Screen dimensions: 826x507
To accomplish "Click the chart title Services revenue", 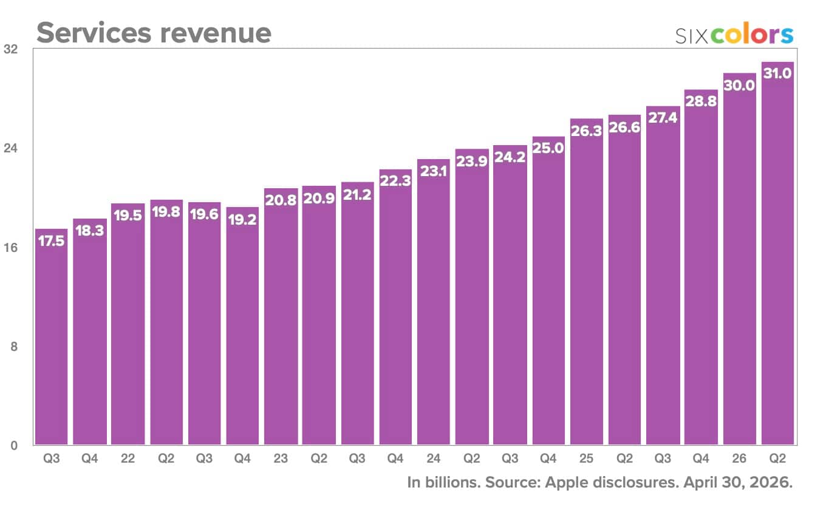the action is tap(154, 33).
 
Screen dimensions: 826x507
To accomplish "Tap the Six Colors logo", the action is tap(734, 34).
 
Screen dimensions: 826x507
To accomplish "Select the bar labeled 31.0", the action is tap(777, 253).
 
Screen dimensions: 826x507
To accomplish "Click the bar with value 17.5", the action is tap(51, 336).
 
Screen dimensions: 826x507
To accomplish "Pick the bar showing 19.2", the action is tap(242, 325).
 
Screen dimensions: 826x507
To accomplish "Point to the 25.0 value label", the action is tap(548, 148).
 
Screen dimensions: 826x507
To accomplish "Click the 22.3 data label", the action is tap(395, 181).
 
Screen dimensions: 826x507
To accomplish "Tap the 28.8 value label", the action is tap(701, 101).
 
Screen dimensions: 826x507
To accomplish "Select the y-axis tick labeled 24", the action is tap(10, 148).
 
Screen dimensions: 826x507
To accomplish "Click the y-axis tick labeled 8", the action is tap(13, 347).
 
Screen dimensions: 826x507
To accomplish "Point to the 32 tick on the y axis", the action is tap(10, 49).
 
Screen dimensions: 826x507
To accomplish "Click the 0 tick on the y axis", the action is tap(13, 446).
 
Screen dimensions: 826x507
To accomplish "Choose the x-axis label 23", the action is tap(281, 458).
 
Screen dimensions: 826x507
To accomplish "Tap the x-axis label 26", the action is tap(739, 458).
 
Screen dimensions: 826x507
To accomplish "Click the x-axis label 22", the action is tap(128, 458).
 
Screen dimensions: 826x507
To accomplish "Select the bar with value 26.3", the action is tap(586, 281).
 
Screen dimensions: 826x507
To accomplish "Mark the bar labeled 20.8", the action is tap(281, 316).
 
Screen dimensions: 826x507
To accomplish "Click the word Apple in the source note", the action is tap(567, 483).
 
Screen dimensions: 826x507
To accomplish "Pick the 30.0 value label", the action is tap(739, 86).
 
